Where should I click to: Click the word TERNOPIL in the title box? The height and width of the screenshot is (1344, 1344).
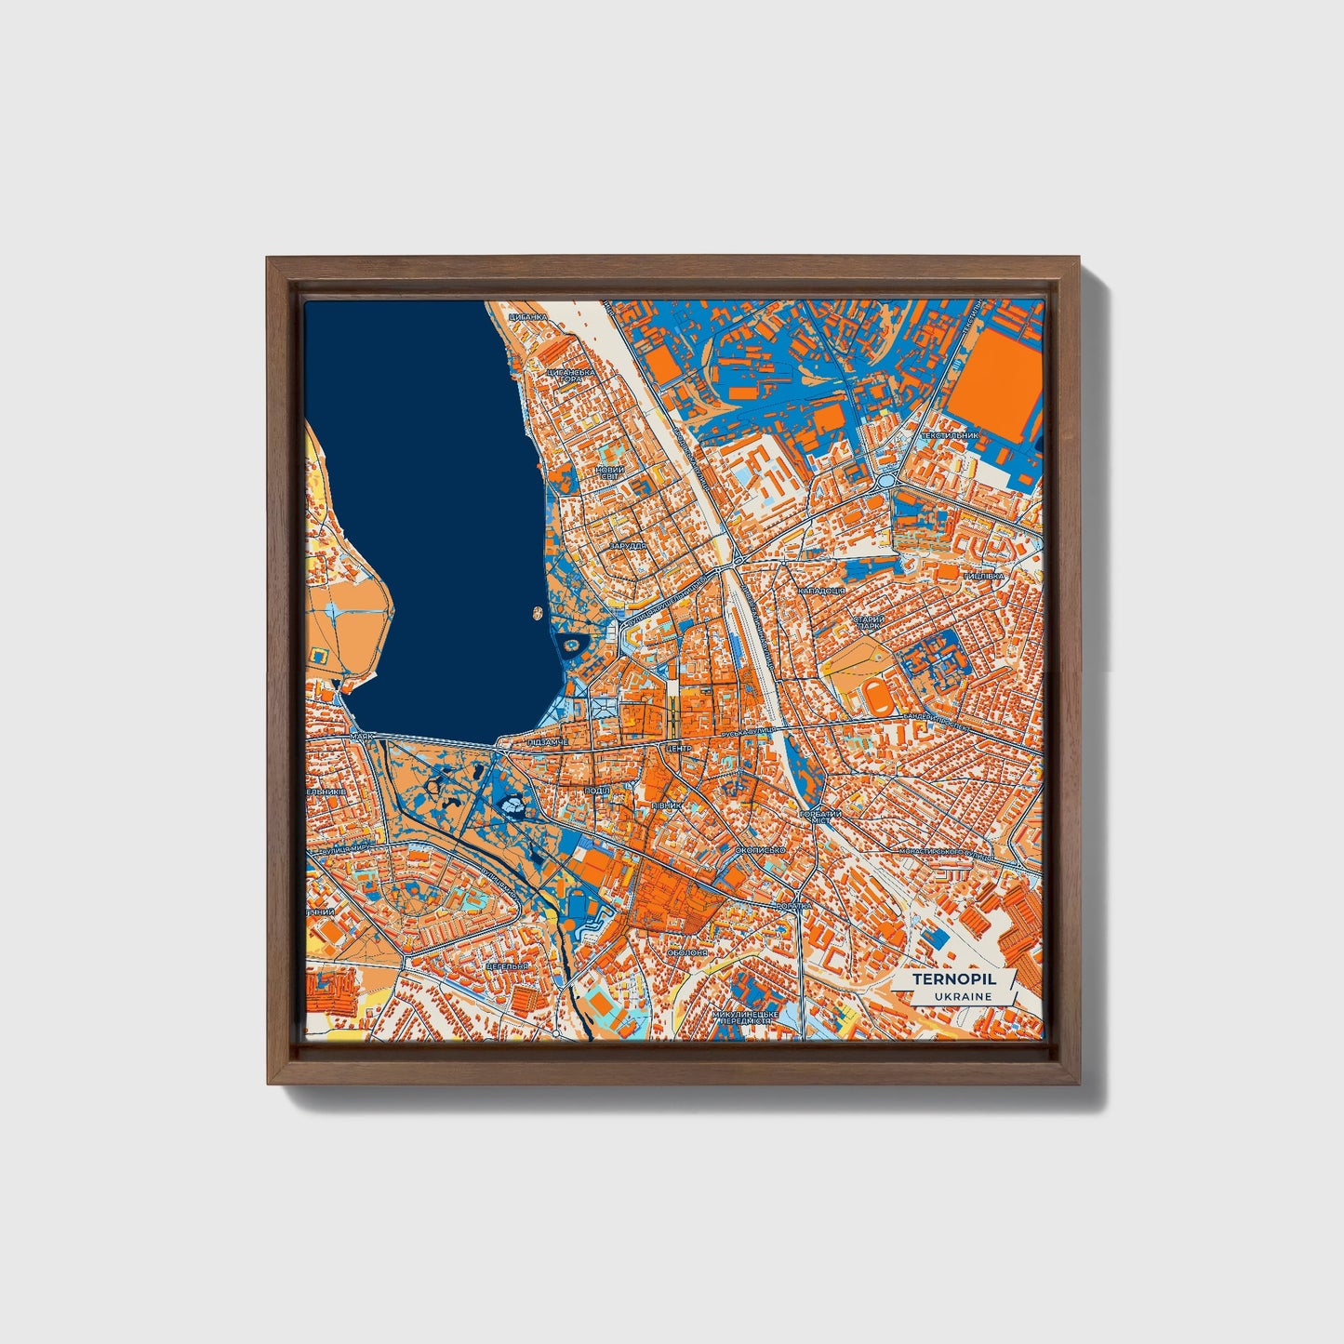coord(953,979)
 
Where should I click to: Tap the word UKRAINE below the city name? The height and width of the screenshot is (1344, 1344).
coord(963,996)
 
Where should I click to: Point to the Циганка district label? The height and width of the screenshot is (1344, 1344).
coord(529,317)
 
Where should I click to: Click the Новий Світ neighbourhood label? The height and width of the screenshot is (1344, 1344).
coord(611,473)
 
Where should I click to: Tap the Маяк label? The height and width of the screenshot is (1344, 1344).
coord(362,736)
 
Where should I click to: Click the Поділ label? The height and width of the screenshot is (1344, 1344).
coord(596,790)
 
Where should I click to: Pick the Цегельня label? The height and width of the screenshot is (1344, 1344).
coord(508,965)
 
